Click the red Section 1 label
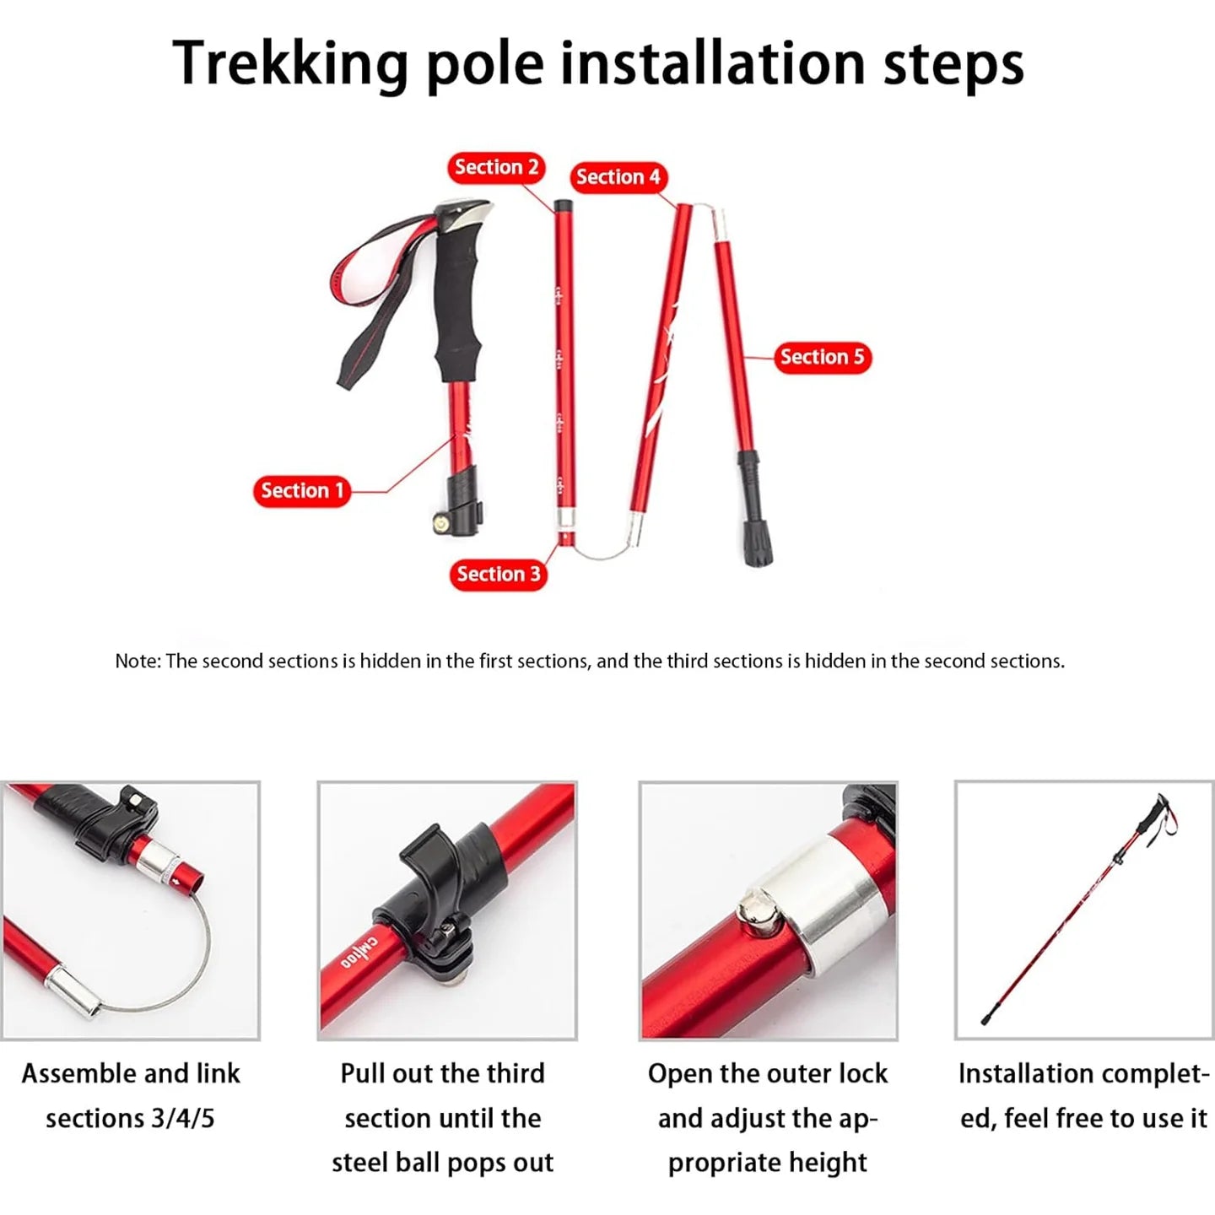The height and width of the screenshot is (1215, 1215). pos(301,491)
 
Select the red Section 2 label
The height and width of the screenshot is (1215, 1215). pos(496,167)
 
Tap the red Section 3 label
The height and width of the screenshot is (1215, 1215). pos(498,575)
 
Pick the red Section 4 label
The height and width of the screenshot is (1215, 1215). pos(618,177)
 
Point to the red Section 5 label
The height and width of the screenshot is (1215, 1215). pos(822,357)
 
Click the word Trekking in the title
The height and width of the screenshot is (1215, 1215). pos(290,64)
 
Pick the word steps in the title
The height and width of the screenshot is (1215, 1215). pos(953,64)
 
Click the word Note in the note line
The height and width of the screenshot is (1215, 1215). pos(136,661)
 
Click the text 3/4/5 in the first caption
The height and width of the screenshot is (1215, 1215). pos(183,1118)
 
